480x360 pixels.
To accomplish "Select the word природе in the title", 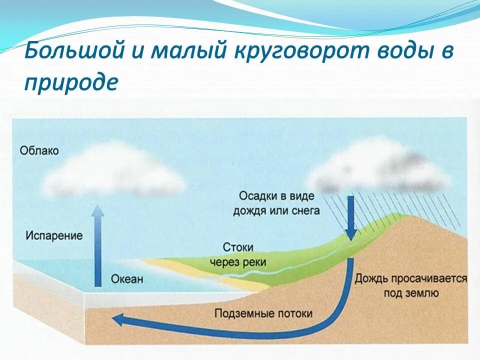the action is click(71, 82).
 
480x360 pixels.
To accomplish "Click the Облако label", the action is click(39, 150).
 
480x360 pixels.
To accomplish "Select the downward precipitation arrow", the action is click(351, 217).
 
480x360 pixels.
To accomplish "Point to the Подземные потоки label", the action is click(263, 313).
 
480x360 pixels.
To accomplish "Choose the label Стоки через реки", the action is click(238, 254).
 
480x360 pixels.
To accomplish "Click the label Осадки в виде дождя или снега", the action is click(276, 203).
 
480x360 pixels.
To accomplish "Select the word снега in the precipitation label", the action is click(305, 211).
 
